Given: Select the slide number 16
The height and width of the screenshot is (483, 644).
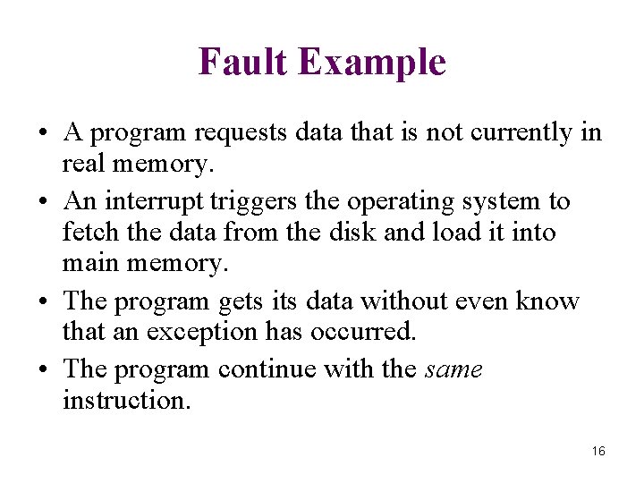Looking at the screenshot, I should click(x=598, y=451).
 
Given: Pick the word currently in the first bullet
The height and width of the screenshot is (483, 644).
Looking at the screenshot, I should click(x=519, y=134).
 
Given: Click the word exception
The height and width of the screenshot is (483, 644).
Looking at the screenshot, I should click(x=203, y=333).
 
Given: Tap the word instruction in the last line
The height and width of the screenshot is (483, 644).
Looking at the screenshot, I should click(x=126, y=399).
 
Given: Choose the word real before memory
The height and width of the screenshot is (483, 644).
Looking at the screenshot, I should click(x=82, y=165).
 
